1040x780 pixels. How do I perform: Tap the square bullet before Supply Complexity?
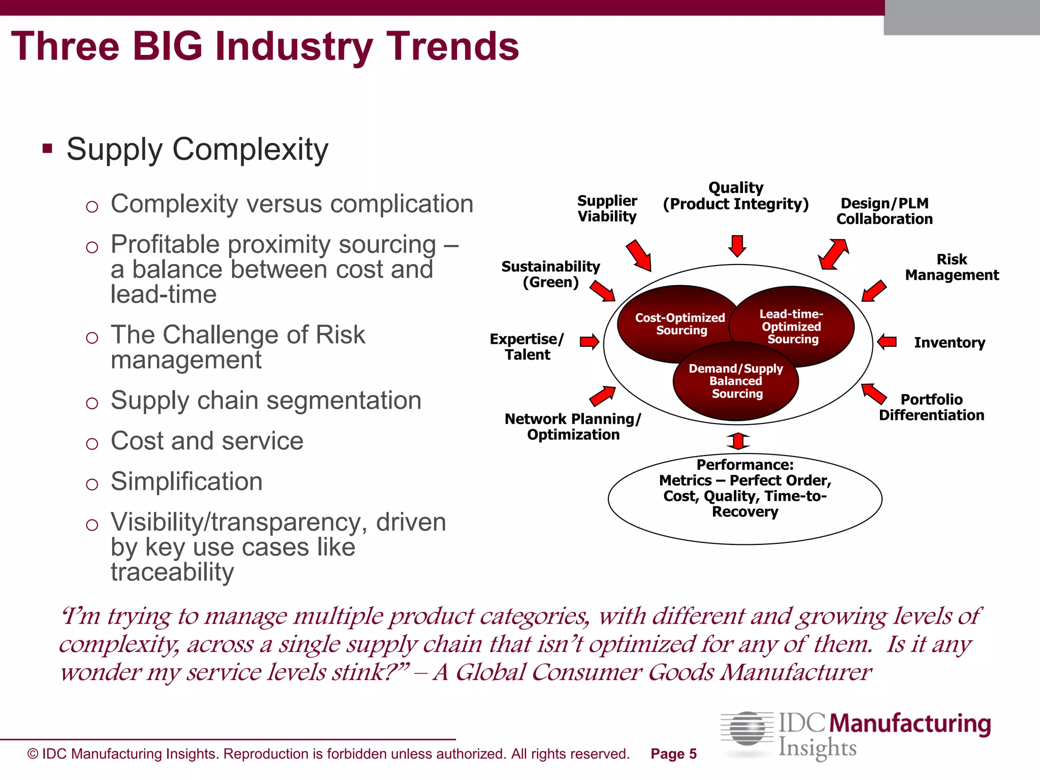click(48, 149)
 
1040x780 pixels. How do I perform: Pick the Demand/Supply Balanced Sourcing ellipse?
click(736, 382)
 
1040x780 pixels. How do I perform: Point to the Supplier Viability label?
click(607, 209)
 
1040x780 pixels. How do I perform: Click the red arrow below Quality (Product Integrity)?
click(737, 246)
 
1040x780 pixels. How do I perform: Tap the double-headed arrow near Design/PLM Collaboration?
click(833, 254)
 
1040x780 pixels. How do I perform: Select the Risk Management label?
click(951, 268)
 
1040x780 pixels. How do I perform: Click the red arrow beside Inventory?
click(887, 342)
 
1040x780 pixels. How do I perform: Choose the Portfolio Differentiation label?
click(931, 407)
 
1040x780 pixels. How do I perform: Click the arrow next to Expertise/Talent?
click(590, 342)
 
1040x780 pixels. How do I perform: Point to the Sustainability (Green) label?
click(550, 274)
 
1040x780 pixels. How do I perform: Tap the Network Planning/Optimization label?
click(573, 427)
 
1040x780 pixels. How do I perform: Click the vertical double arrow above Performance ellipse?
click(738, 441)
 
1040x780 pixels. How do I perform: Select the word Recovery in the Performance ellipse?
click(745, 512)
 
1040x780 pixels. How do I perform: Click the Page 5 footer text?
click(673, 754)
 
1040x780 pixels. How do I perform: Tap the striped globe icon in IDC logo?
click(747, 729)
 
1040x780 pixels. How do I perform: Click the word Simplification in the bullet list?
click(186, 481)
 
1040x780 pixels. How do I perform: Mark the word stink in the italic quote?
click(358, 672)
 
